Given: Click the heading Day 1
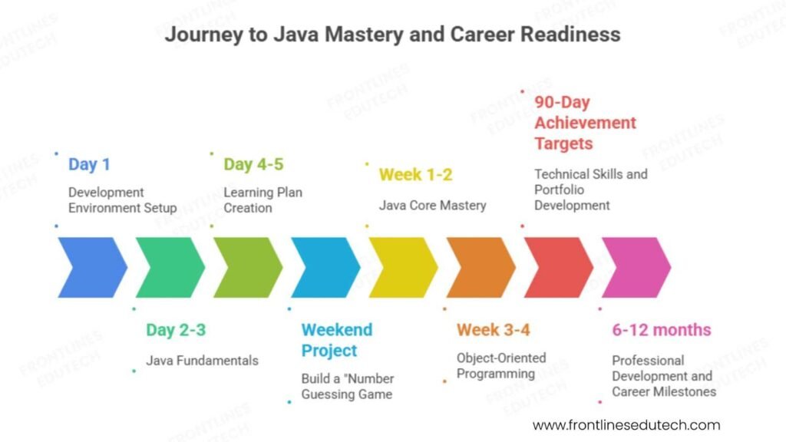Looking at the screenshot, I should [x=89, y=164].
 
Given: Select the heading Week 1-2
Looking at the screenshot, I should [x=415, y=175].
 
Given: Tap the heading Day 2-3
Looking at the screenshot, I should [x=176, y=331].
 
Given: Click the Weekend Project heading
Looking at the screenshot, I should [x=336, y=340].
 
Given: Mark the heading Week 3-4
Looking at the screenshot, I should [x=493, y=331].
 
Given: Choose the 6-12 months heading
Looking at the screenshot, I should [x=661, y=331].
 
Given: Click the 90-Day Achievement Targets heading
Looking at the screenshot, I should [x=585, y=123].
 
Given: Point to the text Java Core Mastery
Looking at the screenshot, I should [x=432, y=206].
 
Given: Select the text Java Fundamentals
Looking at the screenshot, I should [x=202, y=361].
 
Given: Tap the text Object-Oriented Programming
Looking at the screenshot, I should [x=500, y=366].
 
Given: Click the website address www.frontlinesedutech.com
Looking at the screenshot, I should [x=626, y=424].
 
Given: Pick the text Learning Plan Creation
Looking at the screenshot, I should [x=263, y=200].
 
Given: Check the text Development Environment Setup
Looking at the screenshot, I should [x=122, y=200].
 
